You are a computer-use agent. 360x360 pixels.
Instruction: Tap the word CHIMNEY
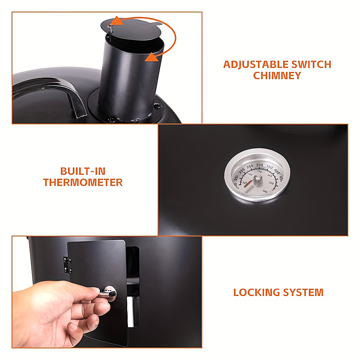tap(277, 76)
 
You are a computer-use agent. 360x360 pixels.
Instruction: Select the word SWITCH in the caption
tap(311, 64)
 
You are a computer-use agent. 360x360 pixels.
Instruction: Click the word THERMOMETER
tap(83, 182)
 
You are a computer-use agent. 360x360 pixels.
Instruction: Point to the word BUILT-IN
tap(83, 171)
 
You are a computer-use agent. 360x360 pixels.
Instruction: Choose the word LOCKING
tap(256, 292)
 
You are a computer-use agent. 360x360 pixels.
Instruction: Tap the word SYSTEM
tap(303, 292)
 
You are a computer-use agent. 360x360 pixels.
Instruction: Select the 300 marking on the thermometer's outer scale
tap(260, 165)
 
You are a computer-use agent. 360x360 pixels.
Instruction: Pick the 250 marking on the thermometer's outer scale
tap(250, 166)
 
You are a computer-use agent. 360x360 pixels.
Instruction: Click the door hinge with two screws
tap(67, 265)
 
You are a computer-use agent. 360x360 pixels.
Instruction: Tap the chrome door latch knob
tap(110, 294)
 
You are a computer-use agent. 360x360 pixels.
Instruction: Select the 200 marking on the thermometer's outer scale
tap(241, 170)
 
